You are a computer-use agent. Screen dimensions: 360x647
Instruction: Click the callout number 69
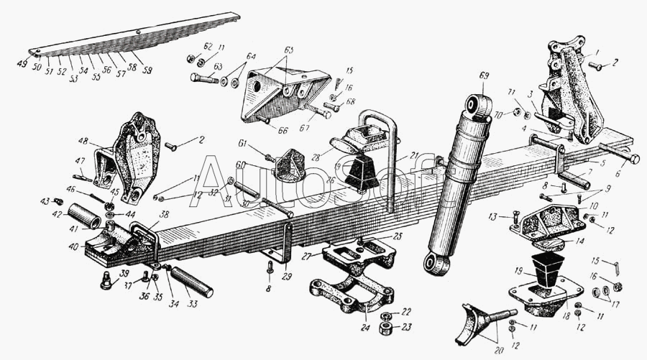coord(484,75)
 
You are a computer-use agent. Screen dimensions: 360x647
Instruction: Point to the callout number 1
coord(596,52)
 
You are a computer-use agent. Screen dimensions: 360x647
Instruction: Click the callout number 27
coord(306,257)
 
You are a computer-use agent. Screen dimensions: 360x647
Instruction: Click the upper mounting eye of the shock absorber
coord(474,106)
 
